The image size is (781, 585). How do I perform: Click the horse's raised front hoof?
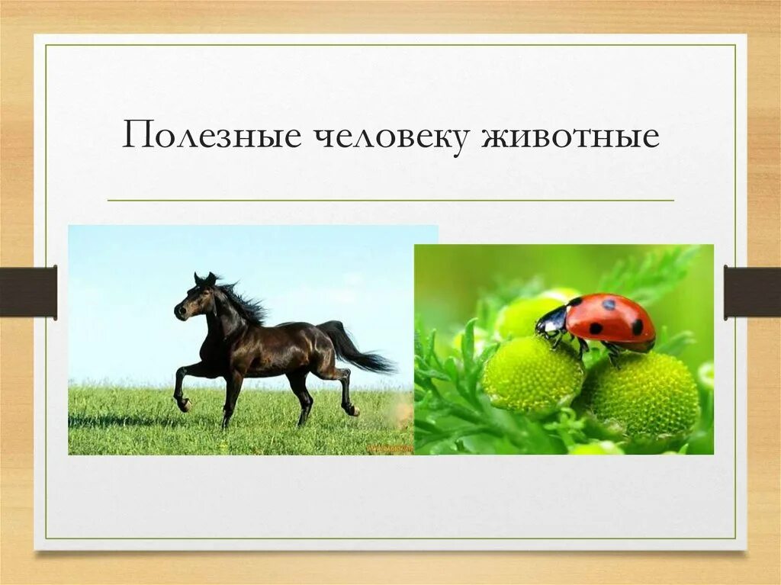pyautogui.click(x=183, y=404)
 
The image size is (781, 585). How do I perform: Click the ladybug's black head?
pyautogui.click(x=551, y=323)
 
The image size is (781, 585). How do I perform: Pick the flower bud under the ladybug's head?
pyautogui.click(x=532, y=374)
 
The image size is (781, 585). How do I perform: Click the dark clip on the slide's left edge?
pyautogui.click(x=28, y=292)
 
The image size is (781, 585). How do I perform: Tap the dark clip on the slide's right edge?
pyautogui.click(x=752, y=292)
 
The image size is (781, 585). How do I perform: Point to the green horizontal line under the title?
pyautogui.click(x=390, y=201)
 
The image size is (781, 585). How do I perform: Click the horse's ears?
pyautogui.click(x=204, y=278)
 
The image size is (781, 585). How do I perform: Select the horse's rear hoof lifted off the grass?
pyautogui.click(x=352, y=410)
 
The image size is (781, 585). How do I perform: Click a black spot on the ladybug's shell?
pyautogui.click(x=596, y=328)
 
